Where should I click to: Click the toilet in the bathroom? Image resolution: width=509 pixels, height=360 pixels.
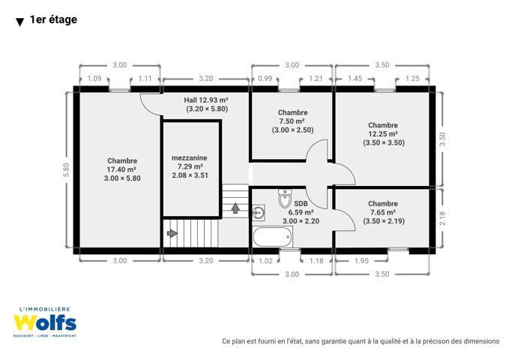tap(285, 198)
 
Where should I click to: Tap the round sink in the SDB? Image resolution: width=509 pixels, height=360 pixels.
tap(259, 213)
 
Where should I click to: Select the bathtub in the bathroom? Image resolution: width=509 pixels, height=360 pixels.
tap(273, 237)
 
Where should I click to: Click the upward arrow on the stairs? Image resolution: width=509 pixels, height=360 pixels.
tap(235, 208)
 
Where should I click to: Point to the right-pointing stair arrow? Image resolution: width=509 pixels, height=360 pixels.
tap(172, 233)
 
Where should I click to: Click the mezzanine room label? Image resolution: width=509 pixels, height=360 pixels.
tap(189, 158)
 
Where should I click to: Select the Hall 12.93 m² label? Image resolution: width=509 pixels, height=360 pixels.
tap(206, 100)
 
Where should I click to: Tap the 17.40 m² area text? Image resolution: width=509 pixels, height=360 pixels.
tap(121, 169)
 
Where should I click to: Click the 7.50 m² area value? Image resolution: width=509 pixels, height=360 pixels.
tap(292, 121)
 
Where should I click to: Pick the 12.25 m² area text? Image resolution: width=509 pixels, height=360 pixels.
tap(383, 133)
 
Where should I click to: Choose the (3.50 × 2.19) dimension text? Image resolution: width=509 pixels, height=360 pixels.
tap(384, 221)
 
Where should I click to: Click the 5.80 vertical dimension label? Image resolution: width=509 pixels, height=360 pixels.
tap(66, 169)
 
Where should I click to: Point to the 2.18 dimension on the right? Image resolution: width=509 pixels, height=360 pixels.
tap(442, 218)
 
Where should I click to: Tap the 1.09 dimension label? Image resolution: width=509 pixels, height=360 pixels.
tap(94, 78)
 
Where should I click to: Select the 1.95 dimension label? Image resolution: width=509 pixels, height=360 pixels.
tap(361, 261)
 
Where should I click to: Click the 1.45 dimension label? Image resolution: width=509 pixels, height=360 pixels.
tap(355, 78)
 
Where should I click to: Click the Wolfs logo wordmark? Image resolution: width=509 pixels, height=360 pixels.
tap(45, 322)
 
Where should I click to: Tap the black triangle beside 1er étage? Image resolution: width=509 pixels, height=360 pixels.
tap(19, 22)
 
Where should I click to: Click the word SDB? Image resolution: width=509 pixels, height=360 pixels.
tap(301, 204)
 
